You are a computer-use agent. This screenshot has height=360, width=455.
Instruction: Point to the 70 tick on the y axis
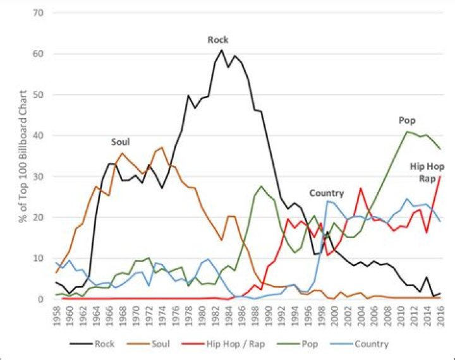40,13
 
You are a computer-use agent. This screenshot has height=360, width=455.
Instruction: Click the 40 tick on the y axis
40,136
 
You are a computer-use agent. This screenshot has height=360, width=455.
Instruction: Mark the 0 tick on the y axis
43,299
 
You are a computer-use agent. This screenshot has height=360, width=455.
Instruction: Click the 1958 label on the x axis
57,314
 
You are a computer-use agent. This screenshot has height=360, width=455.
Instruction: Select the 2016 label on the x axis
439,314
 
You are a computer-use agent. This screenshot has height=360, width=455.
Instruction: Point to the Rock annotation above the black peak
218,40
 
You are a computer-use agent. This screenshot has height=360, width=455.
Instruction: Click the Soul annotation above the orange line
122,143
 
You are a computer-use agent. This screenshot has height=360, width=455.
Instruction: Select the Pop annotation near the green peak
407,120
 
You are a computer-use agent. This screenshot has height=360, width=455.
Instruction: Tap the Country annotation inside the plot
326,193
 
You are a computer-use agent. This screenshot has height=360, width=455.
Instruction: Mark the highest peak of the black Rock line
221,50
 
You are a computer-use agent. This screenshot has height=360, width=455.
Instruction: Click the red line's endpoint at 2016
439,176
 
